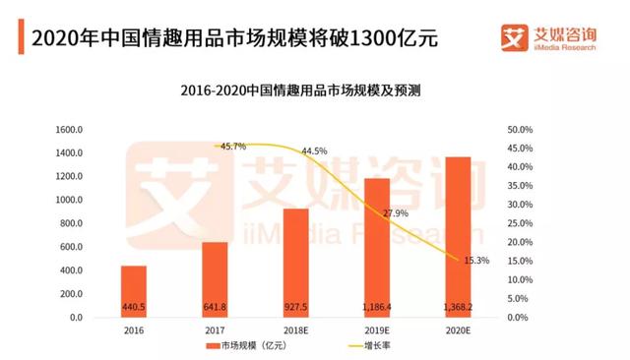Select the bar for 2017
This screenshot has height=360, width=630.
[215, 279]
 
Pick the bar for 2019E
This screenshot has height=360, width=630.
[376, 247]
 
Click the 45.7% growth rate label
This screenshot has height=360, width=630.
[233, 147]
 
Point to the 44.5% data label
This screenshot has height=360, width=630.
[314, 151]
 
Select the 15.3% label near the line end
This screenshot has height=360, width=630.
[476, 261]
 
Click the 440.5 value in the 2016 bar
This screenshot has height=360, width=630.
[134, 306]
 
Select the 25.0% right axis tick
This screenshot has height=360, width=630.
[520, 224]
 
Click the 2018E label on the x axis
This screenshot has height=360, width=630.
[295, 332]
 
